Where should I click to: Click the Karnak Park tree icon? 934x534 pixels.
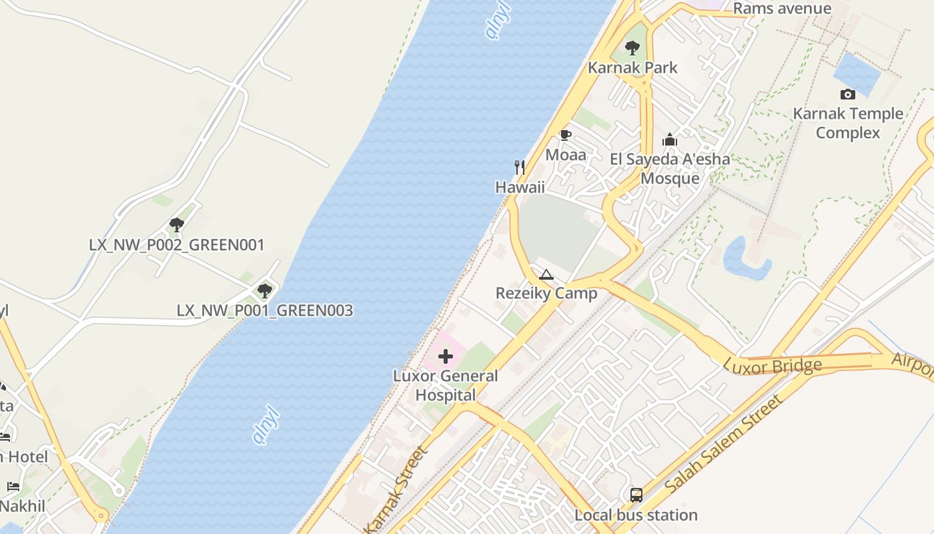click(x=632, y=48)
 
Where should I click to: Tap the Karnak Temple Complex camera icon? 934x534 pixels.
click(x=848, y=94)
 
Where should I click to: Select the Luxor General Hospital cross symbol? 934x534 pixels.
click(x=446, y=356)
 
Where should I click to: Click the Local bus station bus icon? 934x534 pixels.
click(x=636, y=495)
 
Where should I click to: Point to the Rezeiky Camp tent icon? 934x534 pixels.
click(x=546, y=274)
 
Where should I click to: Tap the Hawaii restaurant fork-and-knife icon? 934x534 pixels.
click(x=520, y=167)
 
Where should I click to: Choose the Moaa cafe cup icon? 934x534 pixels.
click(x=566, y=136)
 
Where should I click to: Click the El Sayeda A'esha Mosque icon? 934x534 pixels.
click(x=670, y=140)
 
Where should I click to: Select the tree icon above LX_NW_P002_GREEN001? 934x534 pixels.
click(x=177, y=224)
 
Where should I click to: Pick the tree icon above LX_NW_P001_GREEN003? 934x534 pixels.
click(x=265, y=290)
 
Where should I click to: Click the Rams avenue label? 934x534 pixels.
click(x=782, y=9)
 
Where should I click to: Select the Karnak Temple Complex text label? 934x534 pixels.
click(x=848, y=123)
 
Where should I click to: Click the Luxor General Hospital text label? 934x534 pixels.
click(x=446, y=385)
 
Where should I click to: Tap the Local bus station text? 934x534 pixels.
click(x=636, y=515)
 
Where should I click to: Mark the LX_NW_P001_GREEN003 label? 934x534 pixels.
click(x=265, y=311)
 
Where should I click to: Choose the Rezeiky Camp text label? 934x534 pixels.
click(x=546, y=294)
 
